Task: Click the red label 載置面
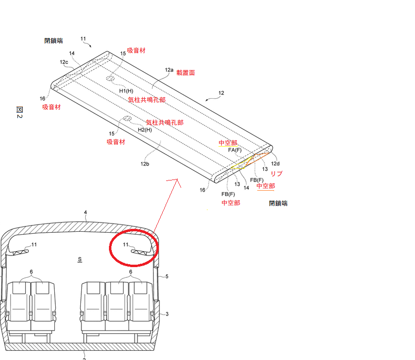185,73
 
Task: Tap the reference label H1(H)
126,91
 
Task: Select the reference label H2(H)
145,130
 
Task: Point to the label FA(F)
235,150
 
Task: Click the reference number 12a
169,70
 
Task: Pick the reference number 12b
145,164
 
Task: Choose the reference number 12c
64,62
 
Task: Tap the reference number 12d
275,164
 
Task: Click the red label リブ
277,174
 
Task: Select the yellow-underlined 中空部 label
228,143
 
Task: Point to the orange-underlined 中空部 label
266,186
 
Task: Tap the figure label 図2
19,112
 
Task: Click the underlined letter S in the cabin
80,259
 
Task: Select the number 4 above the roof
85,212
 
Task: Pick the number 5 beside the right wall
167,276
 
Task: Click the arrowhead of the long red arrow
177,181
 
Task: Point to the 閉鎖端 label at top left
53,41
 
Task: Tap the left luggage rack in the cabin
18,252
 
